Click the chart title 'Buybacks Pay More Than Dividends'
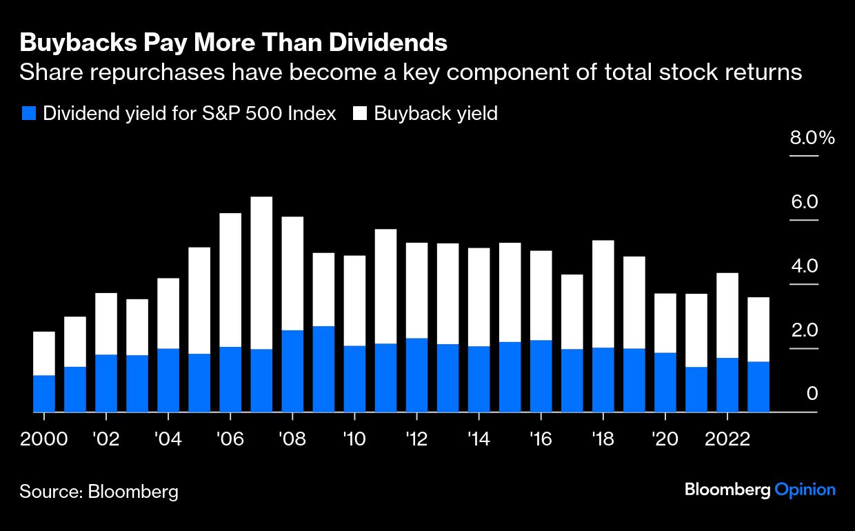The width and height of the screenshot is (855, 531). [234, 43]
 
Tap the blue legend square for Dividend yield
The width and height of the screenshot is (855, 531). [28, 114]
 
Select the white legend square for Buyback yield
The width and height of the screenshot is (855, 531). [360, 114]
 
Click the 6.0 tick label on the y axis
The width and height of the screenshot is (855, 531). [803, 202]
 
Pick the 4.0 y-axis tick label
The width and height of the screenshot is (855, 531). [803, 266]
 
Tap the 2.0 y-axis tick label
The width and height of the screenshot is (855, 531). [803, 330]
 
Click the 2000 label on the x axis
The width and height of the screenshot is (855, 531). [44, 439]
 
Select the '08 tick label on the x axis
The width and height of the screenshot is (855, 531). [292, 439]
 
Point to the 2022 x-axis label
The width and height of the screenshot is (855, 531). [727, 439]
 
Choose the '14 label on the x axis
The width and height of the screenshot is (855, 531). [479, 439]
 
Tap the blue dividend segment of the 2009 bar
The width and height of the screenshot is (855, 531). [323, 369]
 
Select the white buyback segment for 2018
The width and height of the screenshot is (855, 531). [603, 293]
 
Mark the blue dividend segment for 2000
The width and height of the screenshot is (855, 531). [44, 394]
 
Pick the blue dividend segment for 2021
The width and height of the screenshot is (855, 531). [696, 390]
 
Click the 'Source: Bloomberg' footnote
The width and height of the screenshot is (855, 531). [99, 492]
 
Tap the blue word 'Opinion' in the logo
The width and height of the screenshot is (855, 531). [805, 490]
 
